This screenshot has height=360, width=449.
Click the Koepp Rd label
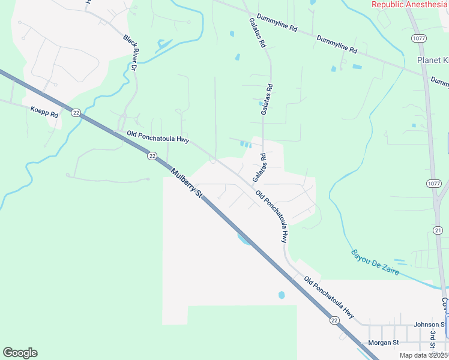44,111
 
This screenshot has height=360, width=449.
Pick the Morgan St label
383,343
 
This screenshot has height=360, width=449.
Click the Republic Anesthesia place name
409,4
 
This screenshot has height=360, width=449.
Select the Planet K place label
433,61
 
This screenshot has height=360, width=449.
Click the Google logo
20,353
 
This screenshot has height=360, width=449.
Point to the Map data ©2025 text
424,355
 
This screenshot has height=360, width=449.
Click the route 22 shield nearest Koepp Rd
76,112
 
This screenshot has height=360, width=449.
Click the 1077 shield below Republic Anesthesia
418,38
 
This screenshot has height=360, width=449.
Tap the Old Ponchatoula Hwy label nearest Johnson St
329,297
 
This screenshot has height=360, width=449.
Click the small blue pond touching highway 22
244,239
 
